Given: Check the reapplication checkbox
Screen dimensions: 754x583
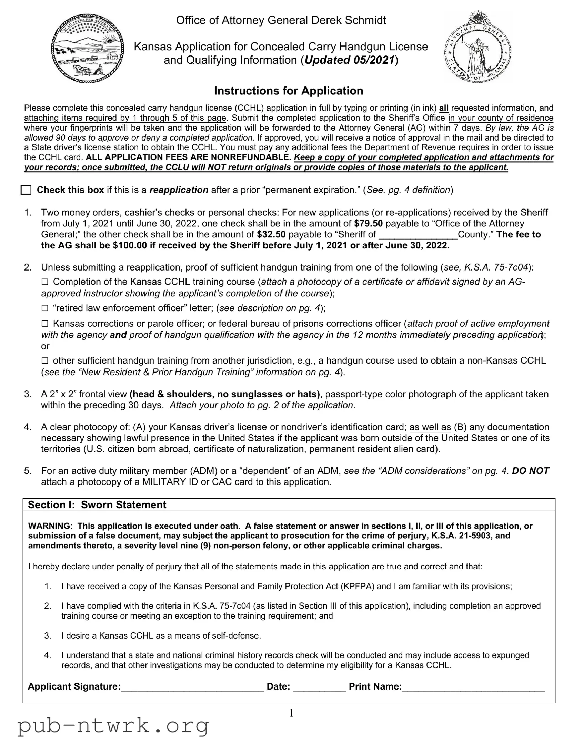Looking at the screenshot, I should click(x=26, y=190).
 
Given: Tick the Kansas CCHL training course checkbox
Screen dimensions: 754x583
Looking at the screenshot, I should click(x=45, y=282).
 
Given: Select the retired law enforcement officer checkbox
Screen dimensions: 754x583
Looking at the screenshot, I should click(x=45, y=308).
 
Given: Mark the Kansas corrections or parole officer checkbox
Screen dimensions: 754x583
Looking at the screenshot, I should click(x=45, y=324).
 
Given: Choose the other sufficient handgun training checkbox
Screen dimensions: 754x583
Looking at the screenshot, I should click(x=45, y=361).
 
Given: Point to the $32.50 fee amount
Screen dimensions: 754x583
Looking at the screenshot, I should click(x=271, y=234).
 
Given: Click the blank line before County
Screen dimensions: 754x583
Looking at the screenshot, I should click(x=418, y=235).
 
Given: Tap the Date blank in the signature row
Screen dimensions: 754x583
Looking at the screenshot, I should click(x=319, y=686).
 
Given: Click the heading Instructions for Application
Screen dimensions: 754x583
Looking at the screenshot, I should click(x=288, y=91).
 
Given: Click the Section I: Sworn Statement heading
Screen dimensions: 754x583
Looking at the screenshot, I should click(x=97, y=505).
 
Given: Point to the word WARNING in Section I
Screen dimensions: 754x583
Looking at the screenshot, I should click(x=49, y=526).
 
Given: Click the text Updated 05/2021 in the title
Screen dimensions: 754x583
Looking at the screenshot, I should click(x=349, y=60).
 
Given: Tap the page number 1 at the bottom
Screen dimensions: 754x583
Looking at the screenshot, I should click(x=291, y=713).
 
